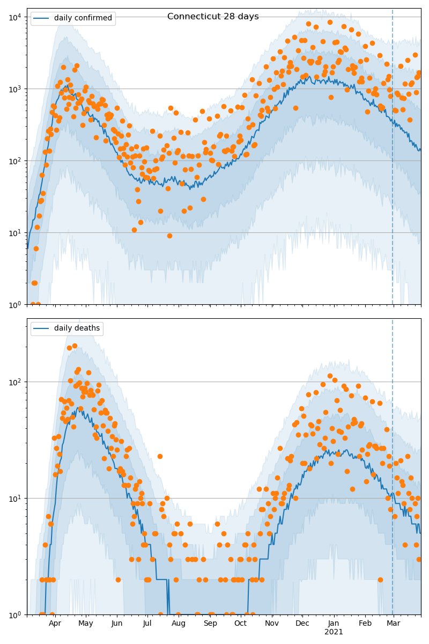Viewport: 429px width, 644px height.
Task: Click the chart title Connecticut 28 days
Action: (213, 17)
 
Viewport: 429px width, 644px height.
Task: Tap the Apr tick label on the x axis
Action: (55, 624)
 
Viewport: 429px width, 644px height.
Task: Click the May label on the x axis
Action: (86, 624)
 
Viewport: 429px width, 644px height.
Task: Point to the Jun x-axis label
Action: (117, 624)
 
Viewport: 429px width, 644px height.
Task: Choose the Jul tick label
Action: (147, 624)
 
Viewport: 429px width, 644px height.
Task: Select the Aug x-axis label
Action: (179, 624)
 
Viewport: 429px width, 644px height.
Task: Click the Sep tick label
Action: (210, 624)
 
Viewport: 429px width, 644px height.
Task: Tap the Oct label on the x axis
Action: (240, 624)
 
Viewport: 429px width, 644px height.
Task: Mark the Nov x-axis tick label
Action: (272, 624)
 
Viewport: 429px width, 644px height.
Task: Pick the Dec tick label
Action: (302, 624)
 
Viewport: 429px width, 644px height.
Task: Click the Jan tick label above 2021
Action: (334, 624)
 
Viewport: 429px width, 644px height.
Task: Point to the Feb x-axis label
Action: (365, 624)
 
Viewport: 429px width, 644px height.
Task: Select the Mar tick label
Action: (394, 624)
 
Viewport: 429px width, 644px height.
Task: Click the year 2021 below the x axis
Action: (334, 632)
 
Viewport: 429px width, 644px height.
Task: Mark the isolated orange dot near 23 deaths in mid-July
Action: (160, 456)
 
